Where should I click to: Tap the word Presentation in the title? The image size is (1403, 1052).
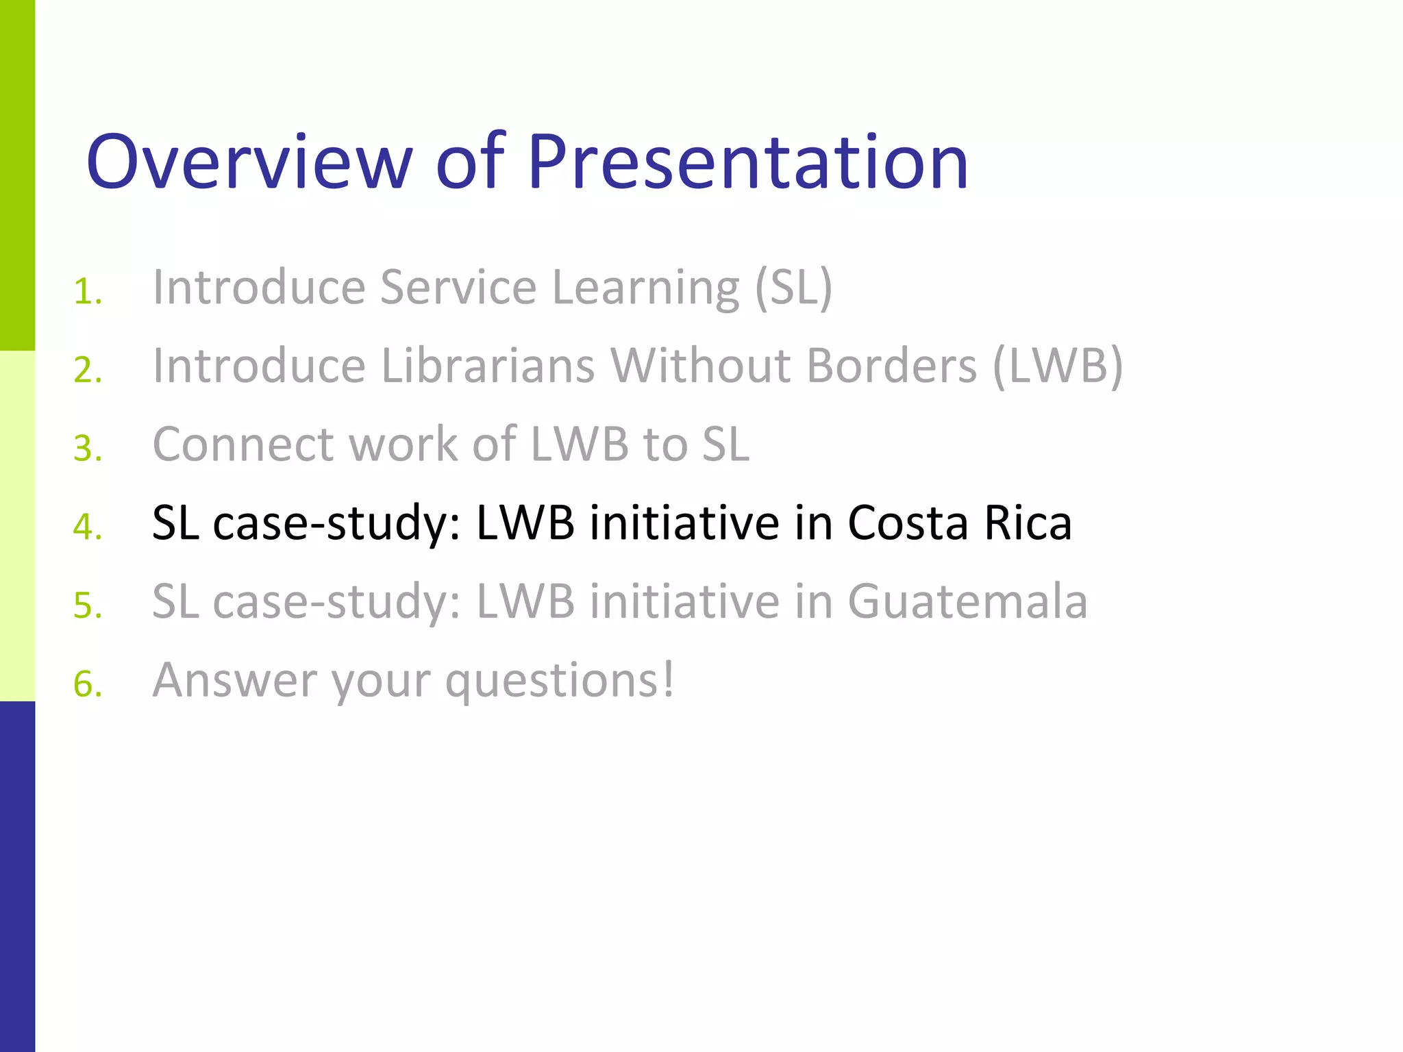747,162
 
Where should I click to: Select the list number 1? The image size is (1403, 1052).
87,292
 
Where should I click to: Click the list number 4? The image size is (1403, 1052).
87,527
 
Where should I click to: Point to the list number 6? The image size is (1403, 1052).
87,684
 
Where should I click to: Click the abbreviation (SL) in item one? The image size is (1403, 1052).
793,288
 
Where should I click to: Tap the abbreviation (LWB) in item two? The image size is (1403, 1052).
1057,366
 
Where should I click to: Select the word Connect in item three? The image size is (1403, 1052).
243,444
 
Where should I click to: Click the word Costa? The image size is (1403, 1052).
908,523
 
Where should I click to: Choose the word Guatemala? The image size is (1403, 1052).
967,601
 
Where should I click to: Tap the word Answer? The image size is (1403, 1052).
234,680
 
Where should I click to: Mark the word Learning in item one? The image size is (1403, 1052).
645,288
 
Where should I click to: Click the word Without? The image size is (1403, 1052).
701,366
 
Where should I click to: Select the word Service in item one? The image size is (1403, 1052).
458,288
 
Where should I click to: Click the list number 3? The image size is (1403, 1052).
87,449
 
